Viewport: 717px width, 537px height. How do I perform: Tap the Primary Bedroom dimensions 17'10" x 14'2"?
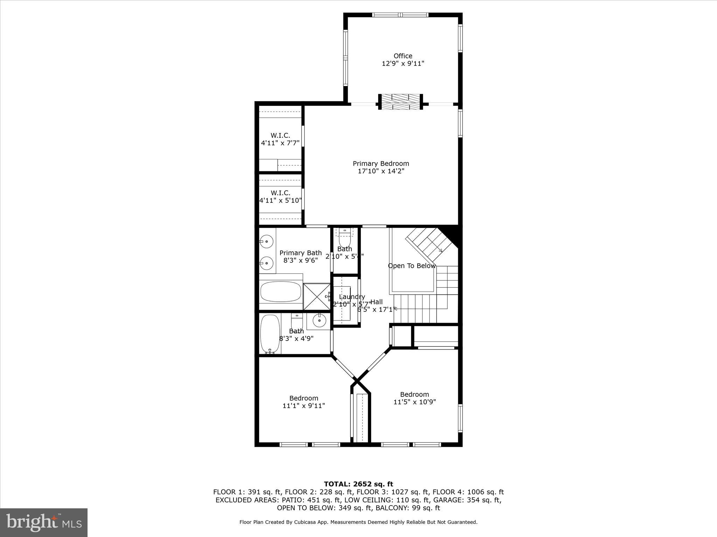click(x=381, y=171)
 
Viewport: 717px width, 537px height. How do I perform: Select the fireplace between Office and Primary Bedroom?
click(x=401, y=102)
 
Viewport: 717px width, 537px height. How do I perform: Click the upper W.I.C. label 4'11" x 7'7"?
click(x=280, y=139)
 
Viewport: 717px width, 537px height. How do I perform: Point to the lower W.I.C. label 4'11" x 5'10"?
click(x=280, y=197)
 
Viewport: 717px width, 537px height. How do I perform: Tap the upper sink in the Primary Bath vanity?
click(x=267, y=242)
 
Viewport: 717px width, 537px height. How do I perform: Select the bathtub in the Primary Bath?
click(x=281, y=292)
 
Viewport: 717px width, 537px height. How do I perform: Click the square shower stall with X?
click(x=316, y=296)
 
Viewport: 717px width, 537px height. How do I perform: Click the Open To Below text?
click(x=412, y=266)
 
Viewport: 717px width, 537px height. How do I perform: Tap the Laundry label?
click(x=352, y=297)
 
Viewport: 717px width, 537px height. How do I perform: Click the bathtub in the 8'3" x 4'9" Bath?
click(x=270, y=334)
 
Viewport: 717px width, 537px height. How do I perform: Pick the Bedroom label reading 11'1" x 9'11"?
click(x=304, y=402)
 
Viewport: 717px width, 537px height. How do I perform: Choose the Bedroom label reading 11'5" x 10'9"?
click(x=415, y=398)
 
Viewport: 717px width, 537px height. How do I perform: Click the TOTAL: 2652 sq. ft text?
click(x=358, y=484)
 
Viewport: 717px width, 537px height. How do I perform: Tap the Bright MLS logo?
click(x=44, y=522)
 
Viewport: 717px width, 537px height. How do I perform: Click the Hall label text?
click(x=376, y=302)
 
